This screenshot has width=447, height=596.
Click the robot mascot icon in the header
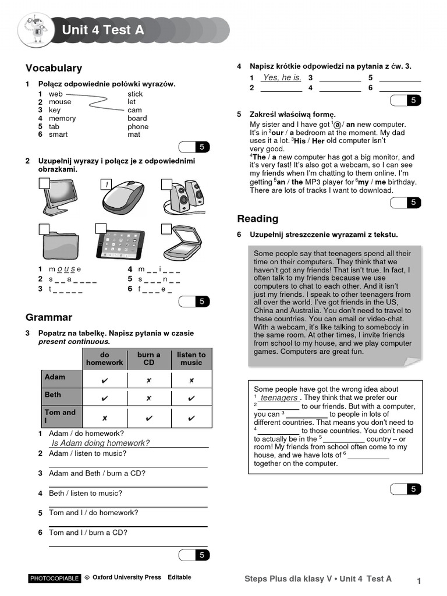tap(36, 30)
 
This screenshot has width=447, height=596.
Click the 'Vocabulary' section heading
tap(54, 68)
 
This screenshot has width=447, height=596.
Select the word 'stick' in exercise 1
tap(135, 94)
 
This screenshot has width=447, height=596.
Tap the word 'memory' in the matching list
tap(62, 118)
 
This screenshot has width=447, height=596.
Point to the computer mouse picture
tap(123, 197)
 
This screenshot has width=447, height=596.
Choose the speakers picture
tap(185, 197)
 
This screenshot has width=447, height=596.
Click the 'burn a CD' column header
tap(149, 359)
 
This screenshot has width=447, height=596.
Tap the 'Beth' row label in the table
tap(53, 395)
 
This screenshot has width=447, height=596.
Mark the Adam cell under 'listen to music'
tap(191, 381)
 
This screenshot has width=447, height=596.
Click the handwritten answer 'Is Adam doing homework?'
tap(101, 443)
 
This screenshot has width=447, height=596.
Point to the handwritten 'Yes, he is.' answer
tap(282, 77)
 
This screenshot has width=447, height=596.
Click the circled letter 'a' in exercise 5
tap(338, 125)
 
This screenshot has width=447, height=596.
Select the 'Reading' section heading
tap(258, 219)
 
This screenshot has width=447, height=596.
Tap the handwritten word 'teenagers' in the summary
tap(279, 398)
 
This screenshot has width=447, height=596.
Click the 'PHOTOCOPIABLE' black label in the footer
tap(54, 579)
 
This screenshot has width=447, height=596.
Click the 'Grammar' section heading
tap(49, 317)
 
